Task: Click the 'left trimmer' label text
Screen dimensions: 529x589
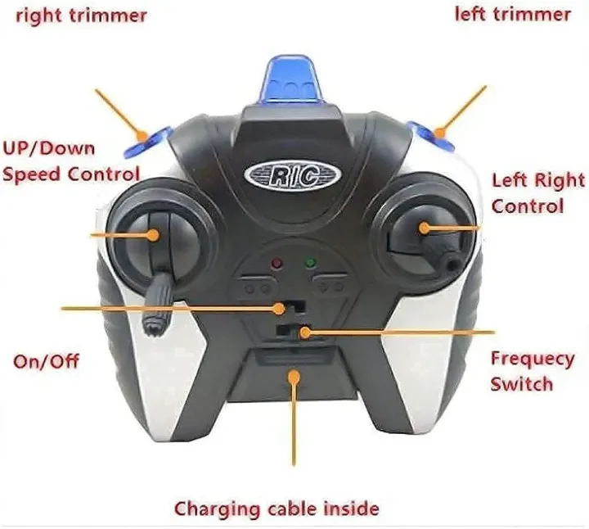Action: [x=513, y=14]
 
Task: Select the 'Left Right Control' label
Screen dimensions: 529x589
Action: [x=537, y=192]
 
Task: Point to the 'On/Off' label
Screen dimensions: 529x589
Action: [x=46, y=360]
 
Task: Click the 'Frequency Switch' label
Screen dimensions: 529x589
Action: [x=532, y=371]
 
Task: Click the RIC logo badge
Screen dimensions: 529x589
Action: [x=292, y=175]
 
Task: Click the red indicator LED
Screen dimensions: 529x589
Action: [x=276, y=264]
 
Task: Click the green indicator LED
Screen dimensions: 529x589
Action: [x=310, y=264]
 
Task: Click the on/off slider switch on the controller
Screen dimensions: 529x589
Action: [x=283, y=307]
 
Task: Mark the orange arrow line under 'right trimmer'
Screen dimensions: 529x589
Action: [x=118, y=110]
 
